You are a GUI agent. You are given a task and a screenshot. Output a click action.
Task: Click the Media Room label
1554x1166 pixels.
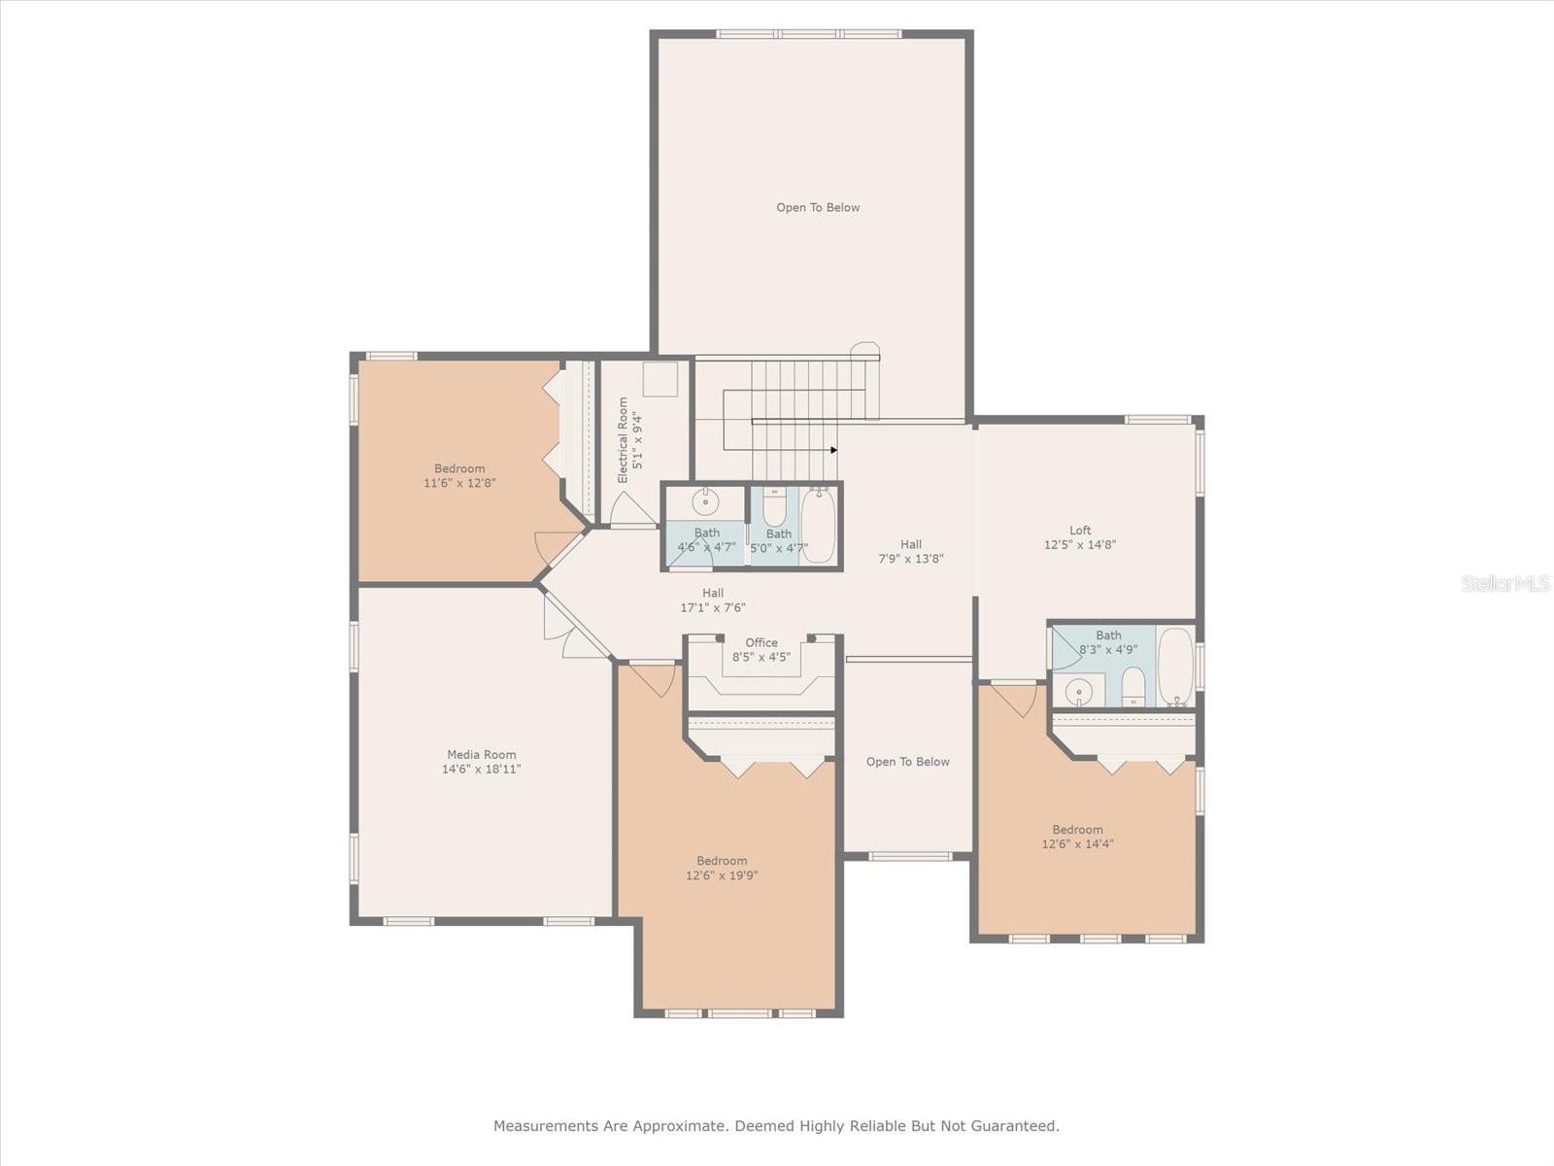(x=482, y=755)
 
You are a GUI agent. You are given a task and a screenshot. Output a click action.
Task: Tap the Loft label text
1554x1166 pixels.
(x=1080, y=531)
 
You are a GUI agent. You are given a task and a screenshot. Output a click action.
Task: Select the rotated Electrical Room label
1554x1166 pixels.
(x=623, y=440)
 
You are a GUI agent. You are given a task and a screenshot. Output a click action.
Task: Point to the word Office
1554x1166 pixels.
(x=761, y=643)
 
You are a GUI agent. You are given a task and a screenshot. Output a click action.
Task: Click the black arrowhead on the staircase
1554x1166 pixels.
(x=834, y=450)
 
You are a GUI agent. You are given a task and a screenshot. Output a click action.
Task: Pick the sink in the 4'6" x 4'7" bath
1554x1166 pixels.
(x=705, y=502)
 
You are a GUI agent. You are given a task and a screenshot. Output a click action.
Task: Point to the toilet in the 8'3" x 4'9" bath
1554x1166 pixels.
(x=1133, y=686)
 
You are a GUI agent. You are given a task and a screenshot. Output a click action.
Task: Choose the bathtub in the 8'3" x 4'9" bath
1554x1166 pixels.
(x=1176, y=667)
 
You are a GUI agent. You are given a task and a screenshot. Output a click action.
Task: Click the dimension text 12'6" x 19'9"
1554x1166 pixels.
(x=722, y=875)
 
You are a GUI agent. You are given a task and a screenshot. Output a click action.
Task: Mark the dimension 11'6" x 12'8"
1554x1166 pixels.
(x=459, y=484)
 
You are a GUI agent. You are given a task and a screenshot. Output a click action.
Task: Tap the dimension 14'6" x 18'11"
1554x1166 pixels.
(x=482, y=770)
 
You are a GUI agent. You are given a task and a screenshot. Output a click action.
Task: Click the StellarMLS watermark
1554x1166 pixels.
(x=1505, y=584)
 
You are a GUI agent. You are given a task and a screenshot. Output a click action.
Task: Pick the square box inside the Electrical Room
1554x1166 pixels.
(x=659, y=379)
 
